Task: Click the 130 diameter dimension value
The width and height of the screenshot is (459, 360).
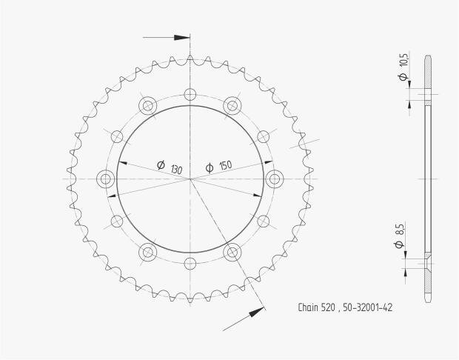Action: pyautogui.click(x=176, y=169)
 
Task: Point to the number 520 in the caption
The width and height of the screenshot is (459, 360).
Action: pyautogui.click(x=331, y=307)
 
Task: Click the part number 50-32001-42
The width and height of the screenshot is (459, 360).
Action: pyautogui.click(x=367, y=307)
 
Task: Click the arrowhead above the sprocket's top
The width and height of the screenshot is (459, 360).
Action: pyautogui.click(x=182, y=36)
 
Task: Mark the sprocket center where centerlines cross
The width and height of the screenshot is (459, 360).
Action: pyautogui.click(x=190, y=179)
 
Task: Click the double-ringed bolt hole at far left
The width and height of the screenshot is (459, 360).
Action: pyautogui.click(x=104, y=179)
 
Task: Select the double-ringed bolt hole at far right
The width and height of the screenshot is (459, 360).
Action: pyautogui.click(x=275, y=179)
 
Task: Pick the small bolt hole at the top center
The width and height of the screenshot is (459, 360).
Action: pyautogui.click(x=190, y=94)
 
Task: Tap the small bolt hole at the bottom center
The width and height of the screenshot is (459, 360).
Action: pyautogui.click(x=190, y=263)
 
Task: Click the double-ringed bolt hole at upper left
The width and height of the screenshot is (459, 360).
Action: pyautogui.click(x=147, y=104)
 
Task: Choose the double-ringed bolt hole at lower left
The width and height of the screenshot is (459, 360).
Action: pyautogui.click(x=147, y=253)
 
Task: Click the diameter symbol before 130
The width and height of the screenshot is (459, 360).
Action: pyautogui.click(x=161, y=165)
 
